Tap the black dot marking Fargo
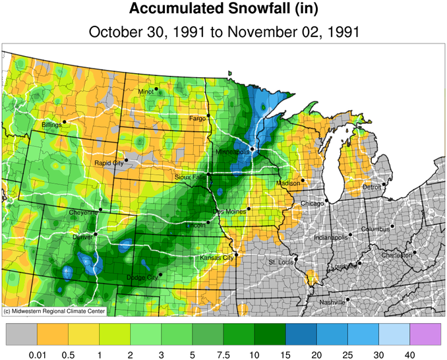point(208,115)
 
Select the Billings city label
point(51,124)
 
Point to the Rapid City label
point(109,163)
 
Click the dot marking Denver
point(96,234)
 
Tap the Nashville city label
point(332,302)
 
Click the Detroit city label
point(372,187)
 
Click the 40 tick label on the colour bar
point(409,354)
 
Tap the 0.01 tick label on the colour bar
point(37,354)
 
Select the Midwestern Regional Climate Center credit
point(53,311)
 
